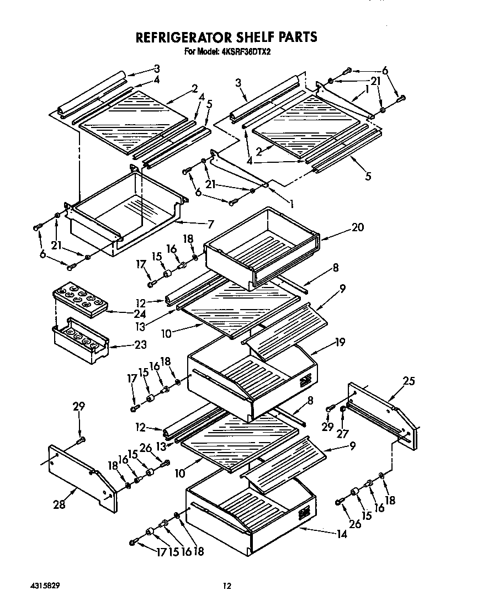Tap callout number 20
point(358,227)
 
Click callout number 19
point(340,342)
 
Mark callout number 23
point(141,345)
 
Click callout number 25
point(409,381)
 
